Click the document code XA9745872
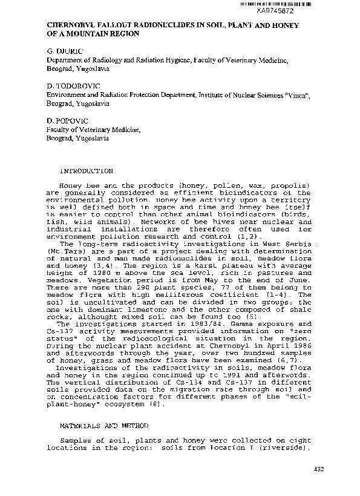pos(292,10)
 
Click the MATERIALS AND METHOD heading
pos(100,426)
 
